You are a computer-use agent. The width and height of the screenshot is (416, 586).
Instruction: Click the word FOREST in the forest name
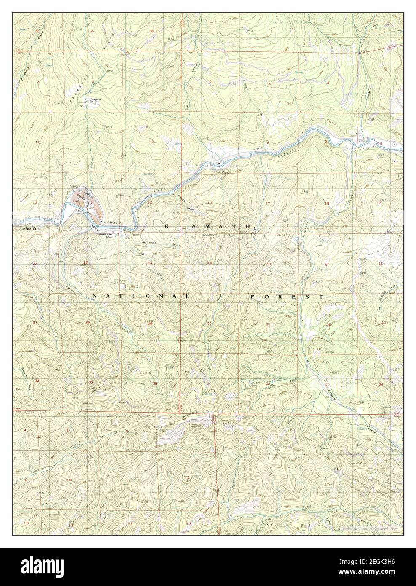(287, 296)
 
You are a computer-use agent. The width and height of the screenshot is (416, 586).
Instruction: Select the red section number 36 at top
(152, 31)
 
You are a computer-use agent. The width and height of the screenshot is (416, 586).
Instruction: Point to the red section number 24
(149, 263)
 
